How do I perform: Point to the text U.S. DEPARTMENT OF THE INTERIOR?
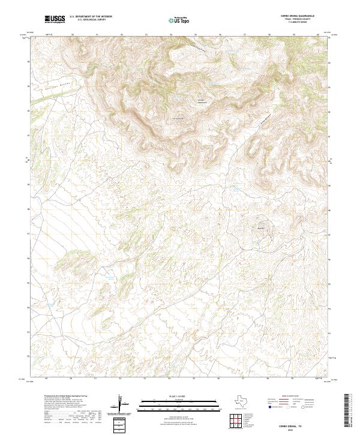pyautogui.click(x=91, y=17)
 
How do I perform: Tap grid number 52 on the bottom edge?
pyautogui.click(x=121, y=379)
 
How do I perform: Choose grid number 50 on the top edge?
pyautogui.click(x=72, y=35)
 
